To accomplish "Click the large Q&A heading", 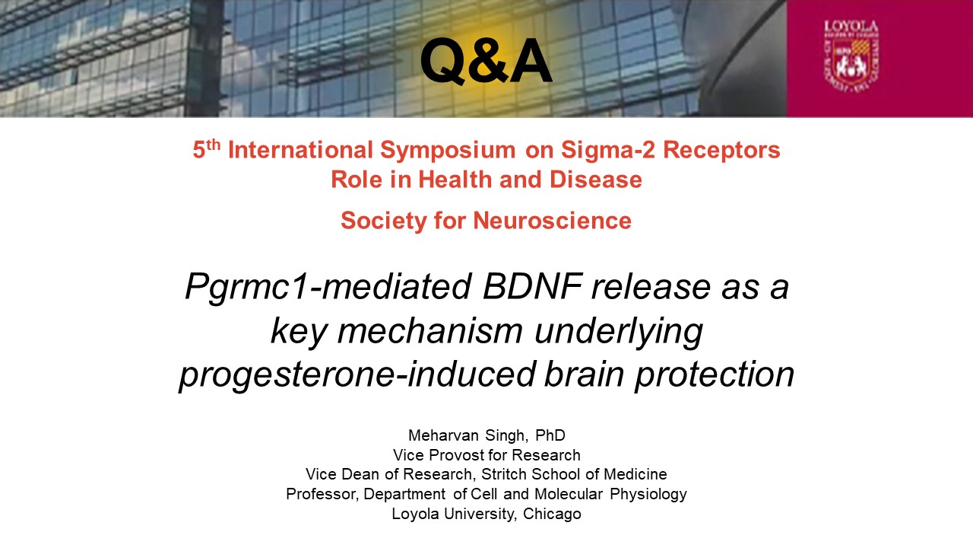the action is [486, 61].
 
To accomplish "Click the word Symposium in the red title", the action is [448, 151].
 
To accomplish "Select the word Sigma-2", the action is [607, 151].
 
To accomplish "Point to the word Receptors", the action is [721, 151].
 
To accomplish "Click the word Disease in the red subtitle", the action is [595, 179].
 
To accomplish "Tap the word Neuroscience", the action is [552, 220].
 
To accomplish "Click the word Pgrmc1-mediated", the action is [328, 288].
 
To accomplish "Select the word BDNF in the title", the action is [532, 287].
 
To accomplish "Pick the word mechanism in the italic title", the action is [429, 330].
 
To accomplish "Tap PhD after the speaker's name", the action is [550, 435].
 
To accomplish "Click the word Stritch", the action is [504, 474].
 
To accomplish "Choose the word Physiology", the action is [648, 495].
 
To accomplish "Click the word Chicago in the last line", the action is [552, 514].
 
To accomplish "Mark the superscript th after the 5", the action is [214, 145].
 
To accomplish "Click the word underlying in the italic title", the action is [618, 332].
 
